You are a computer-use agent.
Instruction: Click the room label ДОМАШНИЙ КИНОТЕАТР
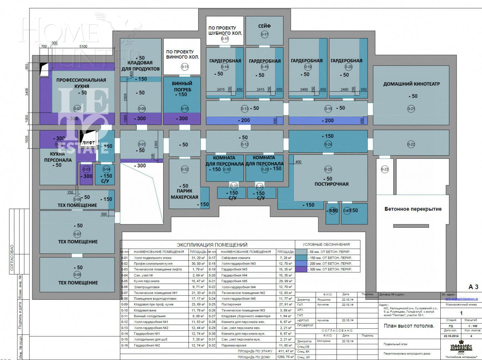pos(411,84)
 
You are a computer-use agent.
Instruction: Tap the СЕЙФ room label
pos(264,26)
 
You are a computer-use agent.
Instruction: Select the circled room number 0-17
pos(264,34)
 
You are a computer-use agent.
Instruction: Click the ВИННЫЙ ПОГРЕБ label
pos(182,86)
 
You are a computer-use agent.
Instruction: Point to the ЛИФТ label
pos(88,143)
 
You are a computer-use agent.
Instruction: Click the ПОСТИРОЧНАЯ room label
pos(331,184)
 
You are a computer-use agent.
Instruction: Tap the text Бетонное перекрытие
pos(413,209)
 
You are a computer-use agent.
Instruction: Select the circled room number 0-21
pos(411,109)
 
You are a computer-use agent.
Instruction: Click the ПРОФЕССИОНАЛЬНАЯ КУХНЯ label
pos(81,83)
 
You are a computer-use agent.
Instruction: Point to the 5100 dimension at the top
pos(83,46)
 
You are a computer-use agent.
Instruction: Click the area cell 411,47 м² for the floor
pos(285,351)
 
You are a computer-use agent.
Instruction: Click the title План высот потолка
pos(409,326)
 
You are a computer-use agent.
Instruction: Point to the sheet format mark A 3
pos(473,287)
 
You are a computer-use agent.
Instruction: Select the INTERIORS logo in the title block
pos(461,347)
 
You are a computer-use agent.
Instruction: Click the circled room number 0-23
pos(384,169)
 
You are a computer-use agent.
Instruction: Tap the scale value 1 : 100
pos(472,326)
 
